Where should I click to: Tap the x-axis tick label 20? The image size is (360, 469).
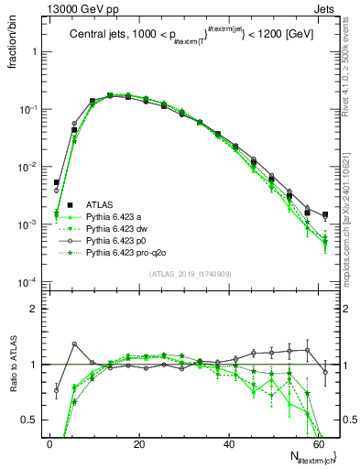(x=137, y=442)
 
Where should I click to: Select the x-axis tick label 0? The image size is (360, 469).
(x=49, y=442)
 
